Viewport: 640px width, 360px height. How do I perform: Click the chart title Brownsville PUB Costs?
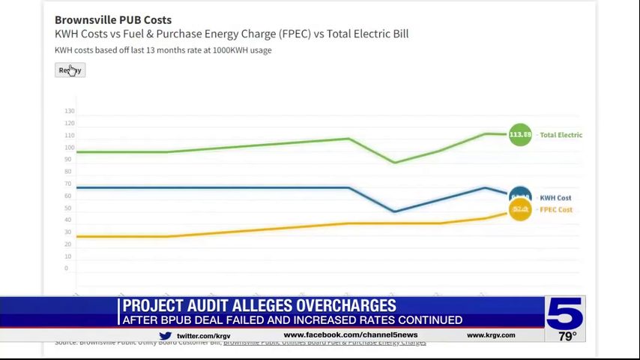click(x=113, y=19)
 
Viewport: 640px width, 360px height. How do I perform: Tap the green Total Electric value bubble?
click(x=520, y=135)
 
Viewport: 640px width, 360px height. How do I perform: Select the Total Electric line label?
click(x=561, y=135)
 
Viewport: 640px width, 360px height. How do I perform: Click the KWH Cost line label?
click(x=555, y=198)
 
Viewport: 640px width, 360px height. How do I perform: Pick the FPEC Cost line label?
click(x=556, y=209)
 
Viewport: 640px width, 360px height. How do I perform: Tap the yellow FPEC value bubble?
click(x=520, y=209)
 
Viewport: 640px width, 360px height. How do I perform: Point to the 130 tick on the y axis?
click(x=70, y=111)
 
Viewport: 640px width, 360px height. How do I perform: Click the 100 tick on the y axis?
click(x=70, y=147)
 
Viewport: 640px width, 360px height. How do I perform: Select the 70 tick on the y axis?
click(x=68, y=184)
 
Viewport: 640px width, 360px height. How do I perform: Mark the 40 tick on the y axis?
click(x=68, y=220)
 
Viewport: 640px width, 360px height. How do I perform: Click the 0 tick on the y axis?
click(x=66, y=268)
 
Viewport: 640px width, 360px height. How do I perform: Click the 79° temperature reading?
click(x=567, y=336)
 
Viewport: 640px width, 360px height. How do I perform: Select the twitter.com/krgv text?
click(x=203, y=336)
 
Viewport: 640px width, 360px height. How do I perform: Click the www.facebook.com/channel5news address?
click(x=350, y=335)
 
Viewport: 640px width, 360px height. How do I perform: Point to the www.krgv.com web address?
click(x=491, y=335)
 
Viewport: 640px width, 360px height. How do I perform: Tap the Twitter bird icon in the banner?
click(x=165, y=336)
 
